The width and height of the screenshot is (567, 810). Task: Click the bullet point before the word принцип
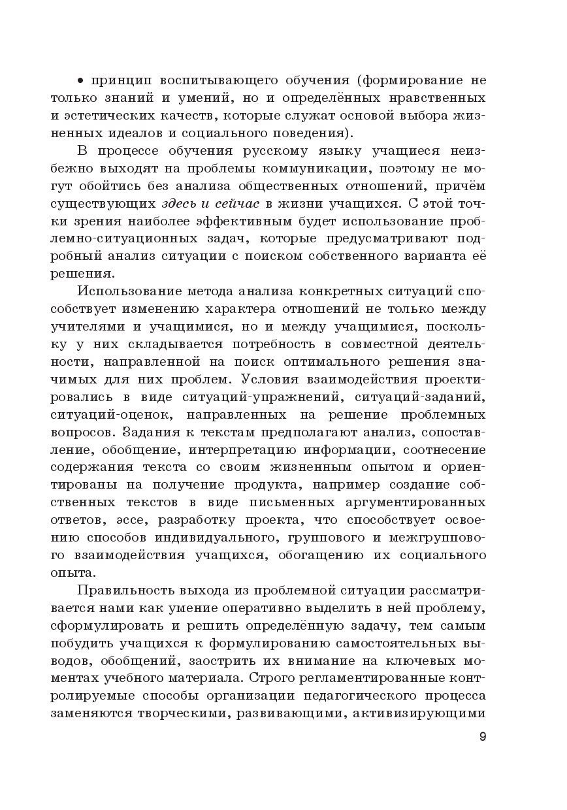pyautogui.click(x=81, y=81)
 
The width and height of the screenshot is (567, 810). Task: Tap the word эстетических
pyautogui.click(x=100, y=116)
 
